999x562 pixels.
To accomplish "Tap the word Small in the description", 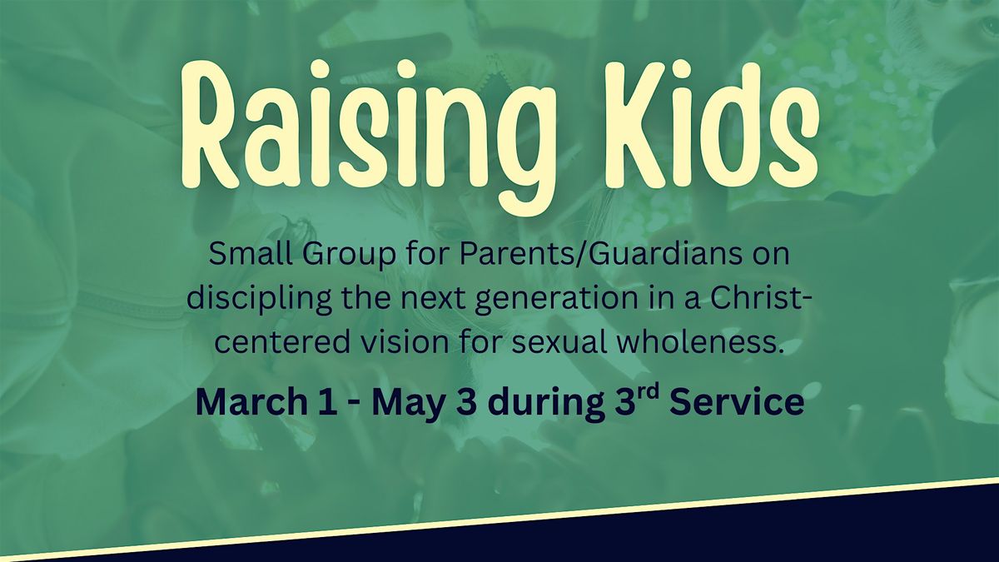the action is [x=251, y=254].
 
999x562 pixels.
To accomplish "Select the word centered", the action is [x=282, y=342].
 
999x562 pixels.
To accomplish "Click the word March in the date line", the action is [x=251, y=402].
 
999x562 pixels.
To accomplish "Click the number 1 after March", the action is [x=329, y=402].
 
